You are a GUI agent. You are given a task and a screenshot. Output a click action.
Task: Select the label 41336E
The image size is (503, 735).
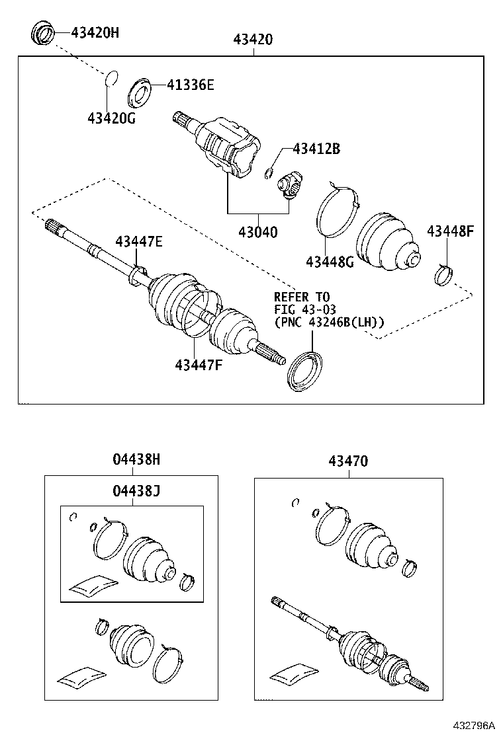191,85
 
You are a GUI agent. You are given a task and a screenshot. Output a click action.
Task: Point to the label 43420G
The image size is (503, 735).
111,118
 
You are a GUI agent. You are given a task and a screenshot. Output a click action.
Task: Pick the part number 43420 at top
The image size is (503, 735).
253,40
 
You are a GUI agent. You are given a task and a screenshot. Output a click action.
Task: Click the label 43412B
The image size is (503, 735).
316,149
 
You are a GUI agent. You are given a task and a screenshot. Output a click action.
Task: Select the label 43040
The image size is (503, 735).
258,232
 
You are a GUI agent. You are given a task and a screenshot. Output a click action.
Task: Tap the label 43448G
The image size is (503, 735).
330,262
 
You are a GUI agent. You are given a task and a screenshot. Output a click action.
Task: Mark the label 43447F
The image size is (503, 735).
198,364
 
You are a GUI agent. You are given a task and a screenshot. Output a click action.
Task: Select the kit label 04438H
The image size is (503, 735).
136,460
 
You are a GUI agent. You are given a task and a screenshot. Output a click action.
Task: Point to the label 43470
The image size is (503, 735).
347,461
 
